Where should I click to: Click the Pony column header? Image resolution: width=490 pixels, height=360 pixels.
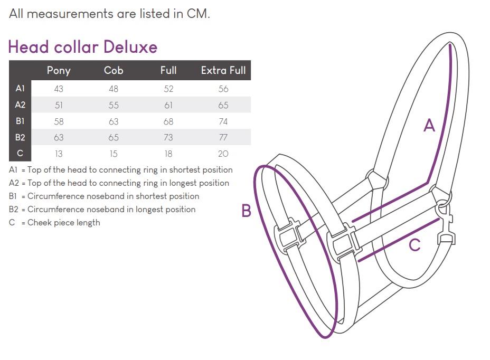(59, 71)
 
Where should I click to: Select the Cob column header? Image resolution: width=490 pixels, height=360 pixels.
(114, 70)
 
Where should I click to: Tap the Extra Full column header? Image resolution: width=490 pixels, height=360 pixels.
(223, 70)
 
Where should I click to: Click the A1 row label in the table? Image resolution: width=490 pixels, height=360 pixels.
(20, 89)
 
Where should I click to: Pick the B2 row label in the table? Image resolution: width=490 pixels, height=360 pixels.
(20, 137)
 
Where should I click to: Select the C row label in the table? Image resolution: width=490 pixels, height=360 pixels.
(20, 153)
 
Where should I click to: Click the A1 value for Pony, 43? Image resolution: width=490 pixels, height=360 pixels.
(59, 89)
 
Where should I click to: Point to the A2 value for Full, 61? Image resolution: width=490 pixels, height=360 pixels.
(168, 105)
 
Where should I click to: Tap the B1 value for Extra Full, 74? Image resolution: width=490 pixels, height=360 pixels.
(223, 121)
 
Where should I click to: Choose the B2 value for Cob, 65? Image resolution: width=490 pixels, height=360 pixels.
(114, 137)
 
